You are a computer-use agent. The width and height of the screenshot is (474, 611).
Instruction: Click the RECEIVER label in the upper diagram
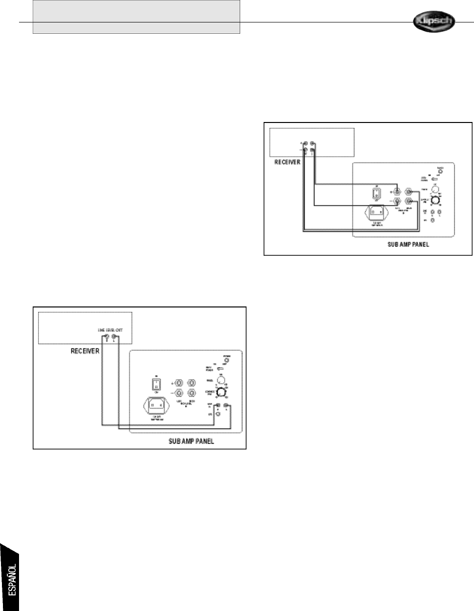click(287, 163)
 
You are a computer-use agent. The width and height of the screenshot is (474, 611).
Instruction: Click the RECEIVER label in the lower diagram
click(85, 351)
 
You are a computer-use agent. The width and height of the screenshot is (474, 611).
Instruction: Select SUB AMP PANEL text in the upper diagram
click(405, 244)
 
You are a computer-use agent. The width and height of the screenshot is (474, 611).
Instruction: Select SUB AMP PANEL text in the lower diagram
click(188, 442)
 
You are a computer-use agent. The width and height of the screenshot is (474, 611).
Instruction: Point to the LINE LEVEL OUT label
click(109, 330)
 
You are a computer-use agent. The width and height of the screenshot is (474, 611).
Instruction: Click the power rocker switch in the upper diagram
click(376, 194)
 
